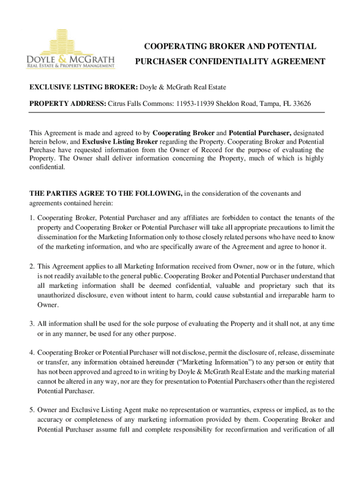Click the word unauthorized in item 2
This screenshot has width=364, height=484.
pyautogui.click(x=59, y=295)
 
